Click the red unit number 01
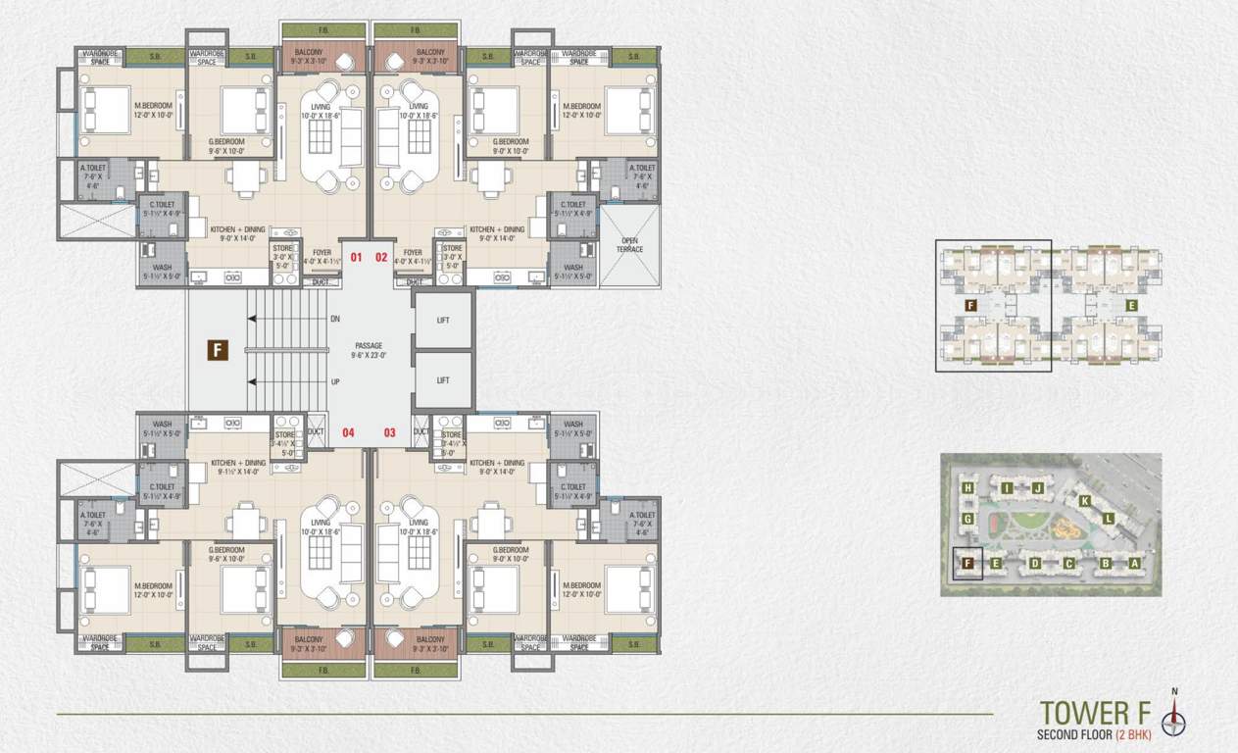(x=356, y=258)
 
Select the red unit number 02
(x=382, y=258)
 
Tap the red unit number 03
(x=389, y=432)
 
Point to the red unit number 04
(x=348, y=432)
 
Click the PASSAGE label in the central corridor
(x=369, y=346)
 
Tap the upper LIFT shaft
(x=442, y=320)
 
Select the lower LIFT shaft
(x=442, y=380)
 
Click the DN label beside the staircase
(x=334, y=319)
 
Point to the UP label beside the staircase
(x=334, y=381)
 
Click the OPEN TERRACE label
(x=629, y=245)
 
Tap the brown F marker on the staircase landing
(x=218, y=350)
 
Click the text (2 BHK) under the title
(x=1136, y=735)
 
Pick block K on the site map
(x=1085, y=501)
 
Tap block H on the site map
(x=967, y=488)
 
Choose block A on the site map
(x=1134, y=563)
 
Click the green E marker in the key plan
(x=1131, y=306)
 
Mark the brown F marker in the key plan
(x=970, y=306)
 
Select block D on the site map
(x=1035, y=564)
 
